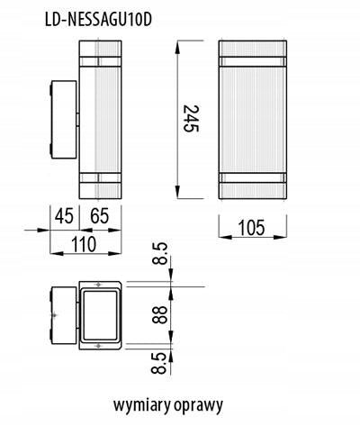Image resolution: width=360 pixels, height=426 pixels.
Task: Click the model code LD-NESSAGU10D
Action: (98, 20)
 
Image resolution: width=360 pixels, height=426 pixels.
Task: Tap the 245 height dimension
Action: (191, 119)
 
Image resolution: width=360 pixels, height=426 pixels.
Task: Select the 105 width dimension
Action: (251, 227)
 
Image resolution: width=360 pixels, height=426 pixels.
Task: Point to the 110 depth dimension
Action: (84, 244)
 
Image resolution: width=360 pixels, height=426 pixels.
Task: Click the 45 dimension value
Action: (64, 216)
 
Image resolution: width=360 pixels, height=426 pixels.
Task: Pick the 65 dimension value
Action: (100, 216)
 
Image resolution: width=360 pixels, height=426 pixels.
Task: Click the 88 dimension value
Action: (159, 314)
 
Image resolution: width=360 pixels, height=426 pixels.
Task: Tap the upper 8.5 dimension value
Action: (159, 254)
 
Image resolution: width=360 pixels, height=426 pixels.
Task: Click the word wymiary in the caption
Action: (141, 405)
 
